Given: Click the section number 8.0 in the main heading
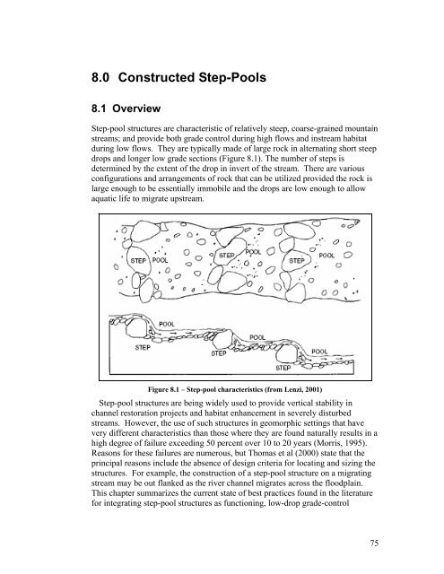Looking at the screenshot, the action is [x=100, y=78].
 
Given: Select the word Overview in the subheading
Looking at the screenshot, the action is [x=136, y=109].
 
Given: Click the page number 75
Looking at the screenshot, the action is [x=374, y=543].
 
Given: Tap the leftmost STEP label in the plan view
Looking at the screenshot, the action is [x=138, y=260].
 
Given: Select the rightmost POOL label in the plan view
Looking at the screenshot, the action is [x=326, y=255].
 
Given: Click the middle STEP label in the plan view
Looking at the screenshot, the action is [x=227, y=255].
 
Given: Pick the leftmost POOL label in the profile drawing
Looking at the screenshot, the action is [x=167, y=324].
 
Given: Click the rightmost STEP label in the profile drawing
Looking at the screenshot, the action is [x=283, y=368].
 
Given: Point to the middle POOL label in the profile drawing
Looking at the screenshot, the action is [x=257, y=337].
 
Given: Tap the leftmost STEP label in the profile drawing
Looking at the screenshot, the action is [x=143, y=347].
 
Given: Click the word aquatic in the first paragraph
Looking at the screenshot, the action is [x=101, y=199].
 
